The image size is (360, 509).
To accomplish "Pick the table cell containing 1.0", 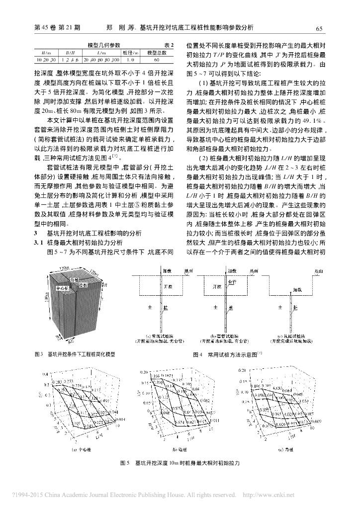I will pyautogui.click(x=131, y=60).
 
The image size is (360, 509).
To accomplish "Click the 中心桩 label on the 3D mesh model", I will pyautogui.click(x=63, y=287).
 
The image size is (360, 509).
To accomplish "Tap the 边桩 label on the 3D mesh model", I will pyautogui.click(x=83, y=285).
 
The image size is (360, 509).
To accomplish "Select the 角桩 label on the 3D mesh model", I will pyautogui.click(x=75, y=280).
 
